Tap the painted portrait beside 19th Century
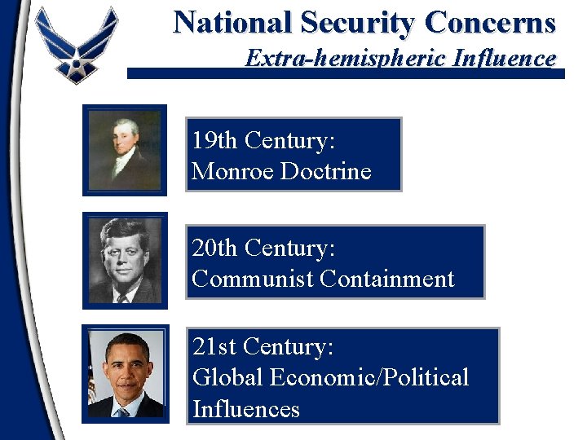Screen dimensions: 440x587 125,150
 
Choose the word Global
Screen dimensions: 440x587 227,377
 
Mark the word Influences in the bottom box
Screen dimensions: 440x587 245,407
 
